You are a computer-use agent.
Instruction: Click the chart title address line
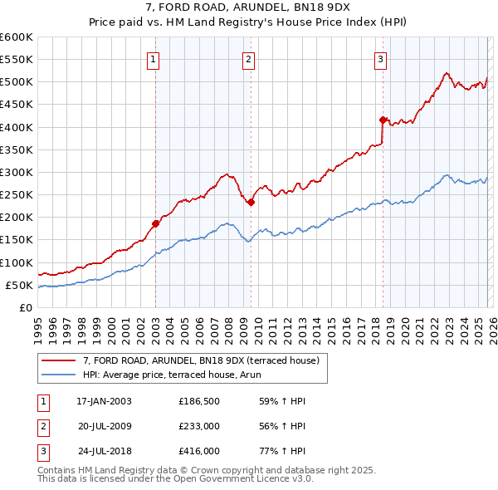click(x=249, y=7)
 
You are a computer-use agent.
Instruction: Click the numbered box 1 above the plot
click(x=155, y=58)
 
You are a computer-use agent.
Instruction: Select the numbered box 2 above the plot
click(x=249, y=58)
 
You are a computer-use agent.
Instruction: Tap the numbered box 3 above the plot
click(x=380, y=58)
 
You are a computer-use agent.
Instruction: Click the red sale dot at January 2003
click(x=155, y=223)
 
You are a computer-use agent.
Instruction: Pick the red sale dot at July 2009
click(x=251, y=202)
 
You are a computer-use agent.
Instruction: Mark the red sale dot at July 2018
click(x=383, y=120)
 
